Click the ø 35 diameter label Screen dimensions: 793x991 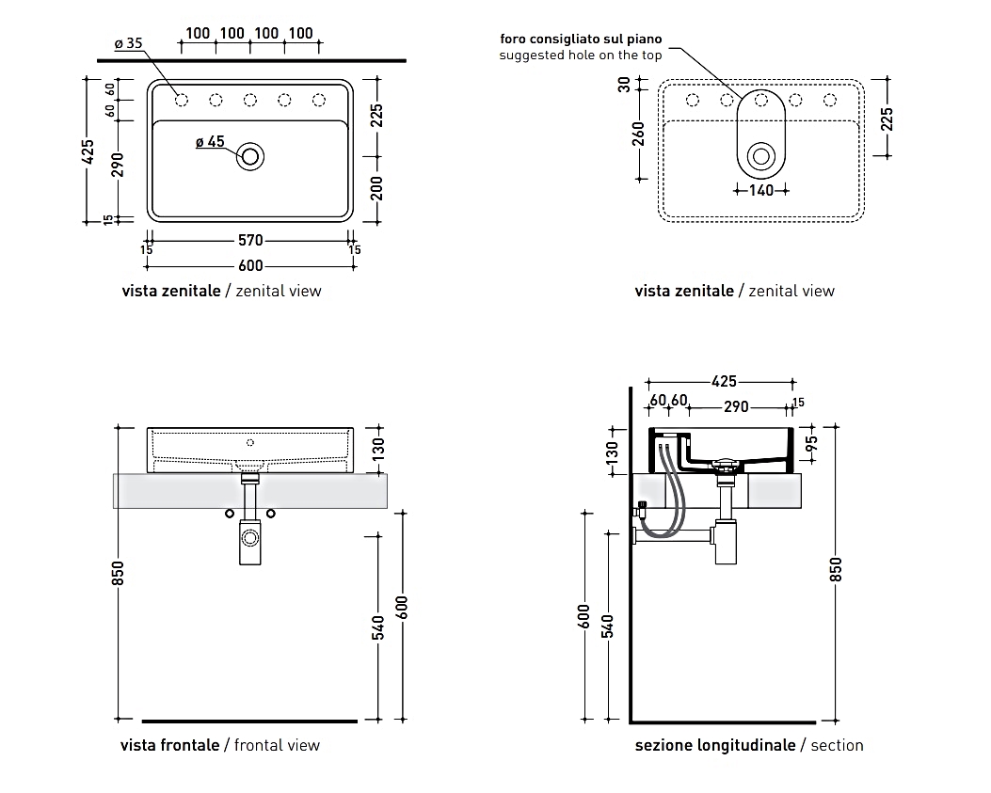coord(128,43)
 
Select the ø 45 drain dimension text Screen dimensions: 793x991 coord(210,142)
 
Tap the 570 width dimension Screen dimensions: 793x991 coord(250,241)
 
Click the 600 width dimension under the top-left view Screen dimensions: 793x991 coord(250,266)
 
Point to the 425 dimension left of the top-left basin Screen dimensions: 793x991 coord(89,152)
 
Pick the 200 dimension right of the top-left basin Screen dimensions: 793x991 coord(376,188)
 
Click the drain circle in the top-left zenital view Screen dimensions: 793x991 coord(250,156)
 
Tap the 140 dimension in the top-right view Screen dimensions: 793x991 coord(761,190)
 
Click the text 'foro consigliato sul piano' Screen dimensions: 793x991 coord(581,40)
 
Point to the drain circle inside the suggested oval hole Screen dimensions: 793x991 coord(760,156)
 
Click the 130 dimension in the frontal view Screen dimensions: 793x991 coord(377,449)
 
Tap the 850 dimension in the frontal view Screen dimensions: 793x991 coord(119,573)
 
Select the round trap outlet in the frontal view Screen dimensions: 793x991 coord(250,538)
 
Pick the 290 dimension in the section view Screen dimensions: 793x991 coord(736,406)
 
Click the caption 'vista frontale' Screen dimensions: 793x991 coord(169,745)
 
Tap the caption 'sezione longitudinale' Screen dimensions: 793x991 coord(714,745)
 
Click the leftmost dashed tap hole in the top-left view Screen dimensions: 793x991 coord(180,99)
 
